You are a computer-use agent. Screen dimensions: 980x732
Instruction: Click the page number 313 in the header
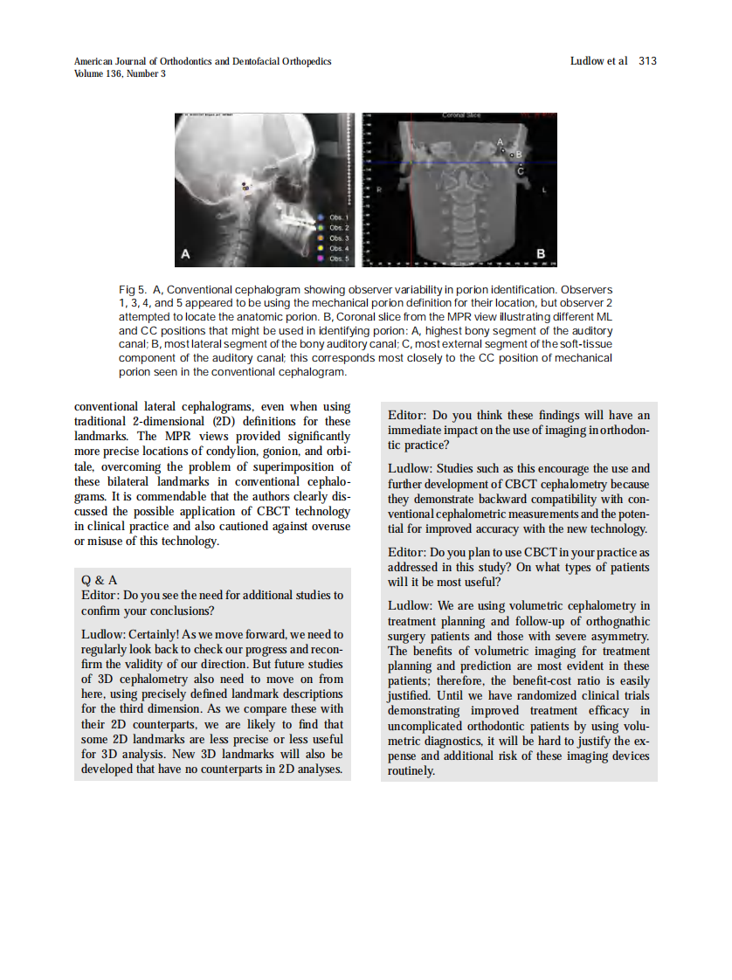[x=647, y=61]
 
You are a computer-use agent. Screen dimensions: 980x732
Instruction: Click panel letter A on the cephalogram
[x=184, y=254]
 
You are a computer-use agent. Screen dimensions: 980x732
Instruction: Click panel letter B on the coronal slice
[x=541, y=254]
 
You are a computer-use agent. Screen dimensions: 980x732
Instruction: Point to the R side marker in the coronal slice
[x=379, y=189]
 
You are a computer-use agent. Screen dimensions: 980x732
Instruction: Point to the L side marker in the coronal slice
[x=545, y=189]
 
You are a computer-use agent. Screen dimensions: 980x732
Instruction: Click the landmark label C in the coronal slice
[x=521, y=171]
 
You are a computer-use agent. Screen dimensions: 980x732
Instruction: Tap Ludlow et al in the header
[x=598, y=61]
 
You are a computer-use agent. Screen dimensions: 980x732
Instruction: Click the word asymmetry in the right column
[x=617, y=636]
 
